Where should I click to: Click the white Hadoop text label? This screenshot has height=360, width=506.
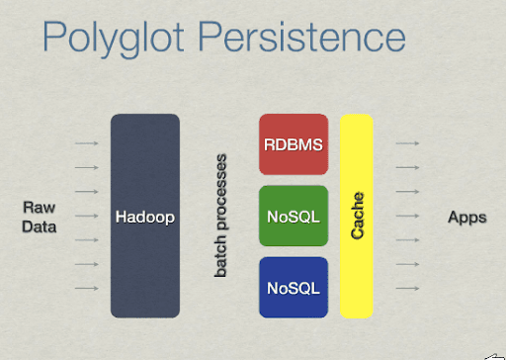[144, 217]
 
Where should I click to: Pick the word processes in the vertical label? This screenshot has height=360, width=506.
[221, 194]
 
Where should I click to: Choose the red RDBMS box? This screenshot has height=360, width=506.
[293, 144]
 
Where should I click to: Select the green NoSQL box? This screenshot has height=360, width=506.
[293, 217]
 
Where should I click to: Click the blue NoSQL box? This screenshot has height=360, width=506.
[293, 288]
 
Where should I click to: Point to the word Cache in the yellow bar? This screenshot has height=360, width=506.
[359, 217]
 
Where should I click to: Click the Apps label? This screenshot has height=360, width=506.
[466, 217]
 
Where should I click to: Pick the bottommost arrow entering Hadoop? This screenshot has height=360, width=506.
[87, 288]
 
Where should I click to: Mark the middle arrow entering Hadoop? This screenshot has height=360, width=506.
[87, 217]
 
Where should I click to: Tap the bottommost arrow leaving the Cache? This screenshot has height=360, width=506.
[409, 288]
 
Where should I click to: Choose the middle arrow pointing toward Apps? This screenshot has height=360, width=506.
[409, 217]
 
